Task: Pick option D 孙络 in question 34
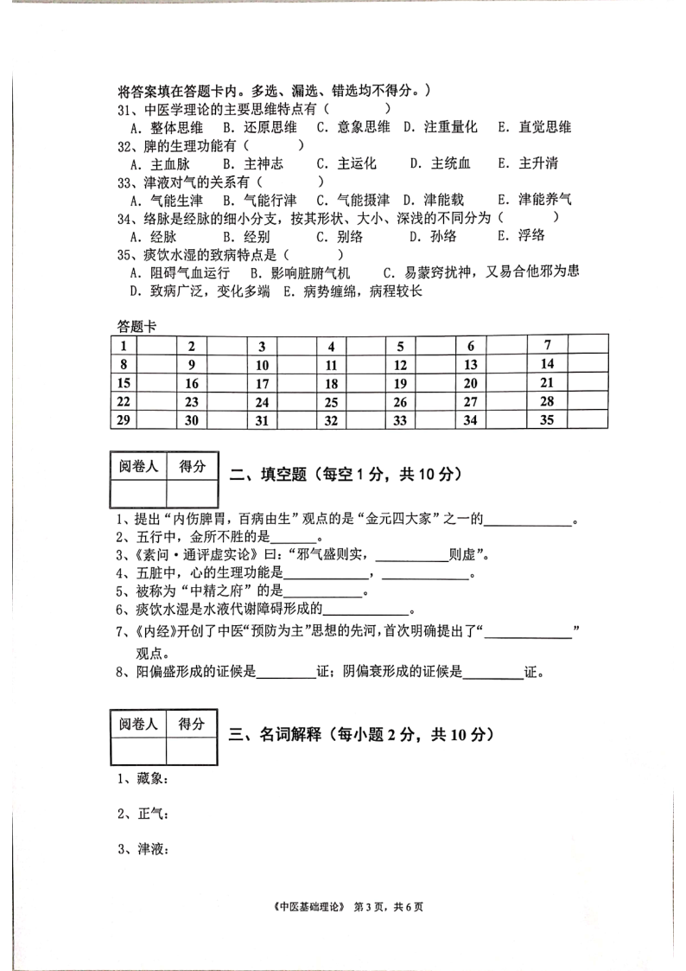click(433, 236)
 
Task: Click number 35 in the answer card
click(546, 420)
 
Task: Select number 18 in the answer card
click(331, 384)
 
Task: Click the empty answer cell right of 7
click(587, 346)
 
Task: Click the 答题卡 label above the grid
click(137, 326)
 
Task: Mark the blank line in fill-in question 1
click(529, 521)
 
